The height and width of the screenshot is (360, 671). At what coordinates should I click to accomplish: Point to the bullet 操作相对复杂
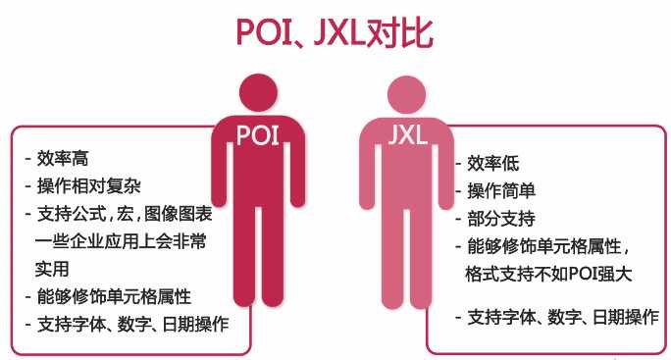[x=89, y=184]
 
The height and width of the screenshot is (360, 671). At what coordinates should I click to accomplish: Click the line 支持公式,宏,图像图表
[x=119, y=213]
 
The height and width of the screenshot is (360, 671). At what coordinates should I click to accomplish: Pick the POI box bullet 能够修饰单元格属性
[x=113, y=295]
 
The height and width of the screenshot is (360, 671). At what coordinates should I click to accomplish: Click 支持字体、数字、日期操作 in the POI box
[x=131, y=323]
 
